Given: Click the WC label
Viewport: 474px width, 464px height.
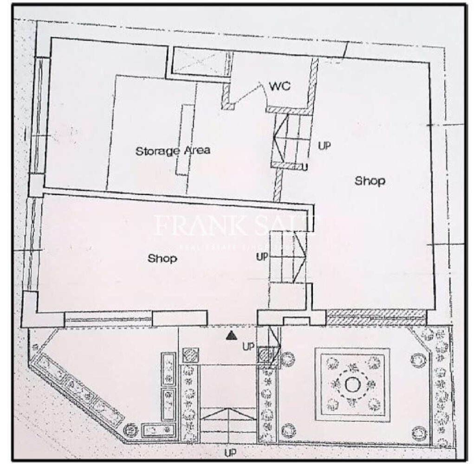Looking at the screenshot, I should pos(280,87).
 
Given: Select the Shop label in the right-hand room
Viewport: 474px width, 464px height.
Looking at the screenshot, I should pos(370,180).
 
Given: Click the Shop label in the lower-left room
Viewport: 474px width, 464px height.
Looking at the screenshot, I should pos(162,258).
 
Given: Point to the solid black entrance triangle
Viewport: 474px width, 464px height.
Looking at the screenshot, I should pos(230,335).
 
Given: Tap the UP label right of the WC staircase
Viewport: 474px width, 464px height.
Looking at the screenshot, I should pos(324,145).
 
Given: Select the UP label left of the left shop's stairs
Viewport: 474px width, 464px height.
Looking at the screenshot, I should pos(262,256).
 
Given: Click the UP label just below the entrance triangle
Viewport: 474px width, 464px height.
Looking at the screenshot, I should pos(249,346).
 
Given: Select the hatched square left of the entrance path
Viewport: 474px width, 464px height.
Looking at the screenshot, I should pos(189,355).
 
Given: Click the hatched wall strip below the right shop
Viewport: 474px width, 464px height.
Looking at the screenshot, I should pos(376,317).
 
